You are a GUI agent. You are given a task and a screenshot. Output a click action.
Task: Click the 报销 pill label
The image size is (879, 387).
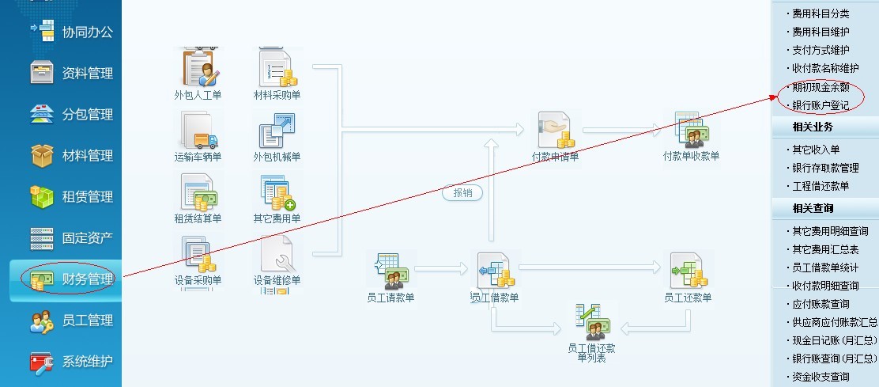tap(462, 192)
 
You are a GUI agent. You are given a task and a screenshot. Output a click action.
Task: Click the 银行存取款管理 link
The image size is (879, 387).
tap(825, 168)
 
